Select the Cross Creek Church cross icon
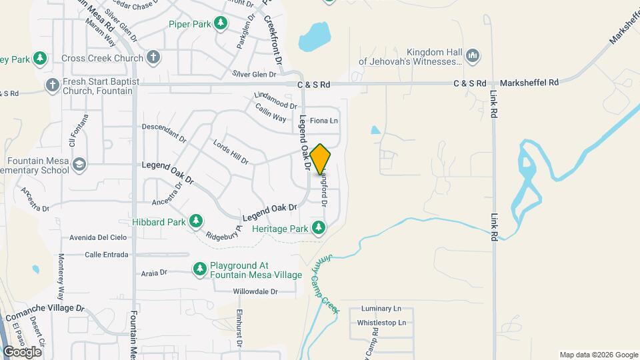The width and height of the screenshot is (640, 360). tap(153, 58)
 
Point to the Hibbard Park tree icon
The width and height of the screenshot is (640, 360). tap(195, 221)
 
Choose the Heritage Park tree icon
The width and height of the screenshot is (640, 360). tap(319, 229)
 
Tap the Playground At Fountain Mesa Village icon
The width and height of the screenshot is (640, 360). tap(199, 269)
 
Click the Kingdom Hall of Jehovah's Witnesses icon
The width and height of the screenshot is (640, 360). tap(473, 54)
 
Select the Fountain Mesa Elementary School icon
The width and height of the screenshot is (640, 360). tap(79, 164)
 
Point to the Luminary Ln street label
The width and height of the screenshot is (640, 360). tap(381, 309)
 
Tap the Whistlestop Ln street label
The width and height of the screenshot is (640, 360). tap(381, 323)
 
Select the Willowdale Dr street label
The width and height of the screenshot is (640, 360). tap(264, 292)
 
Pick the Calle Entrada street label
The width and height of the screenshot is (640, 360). tap(107, 255)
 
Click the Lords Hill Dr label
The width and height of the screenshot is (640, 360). tap(231, 152)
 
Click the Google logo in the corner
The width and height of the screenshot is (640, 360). tap(22, 351)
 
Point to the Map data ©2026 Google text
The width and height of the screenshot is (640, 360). tap(597, 355)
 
